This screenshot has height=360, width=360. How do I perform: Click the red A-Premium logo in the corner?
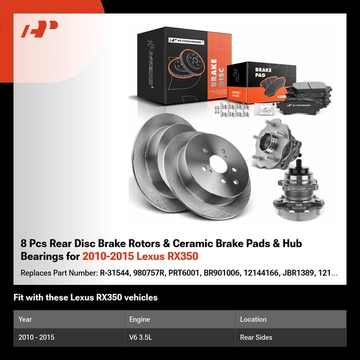pos(40,29)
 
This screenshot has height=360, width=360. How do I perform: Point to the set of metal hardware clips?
pos(231,112)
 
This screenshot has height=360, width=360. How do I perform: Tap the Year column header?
pos(25,319)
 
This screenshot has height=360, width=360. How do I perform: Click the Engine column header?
pos(139,319)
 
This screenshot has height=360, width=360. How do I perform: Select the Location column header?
pos(253,319)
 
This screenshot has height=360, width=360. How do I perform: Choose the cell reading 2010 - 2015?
pos(37,337)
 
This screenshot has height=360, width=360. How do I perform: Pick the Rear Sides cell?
pos(256,337)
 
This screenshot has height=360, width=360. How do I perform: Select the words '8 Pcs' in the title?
pos(32,243)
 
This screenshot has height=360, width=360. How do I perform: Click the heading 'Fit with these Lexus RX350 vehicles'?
pos(86,297)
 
